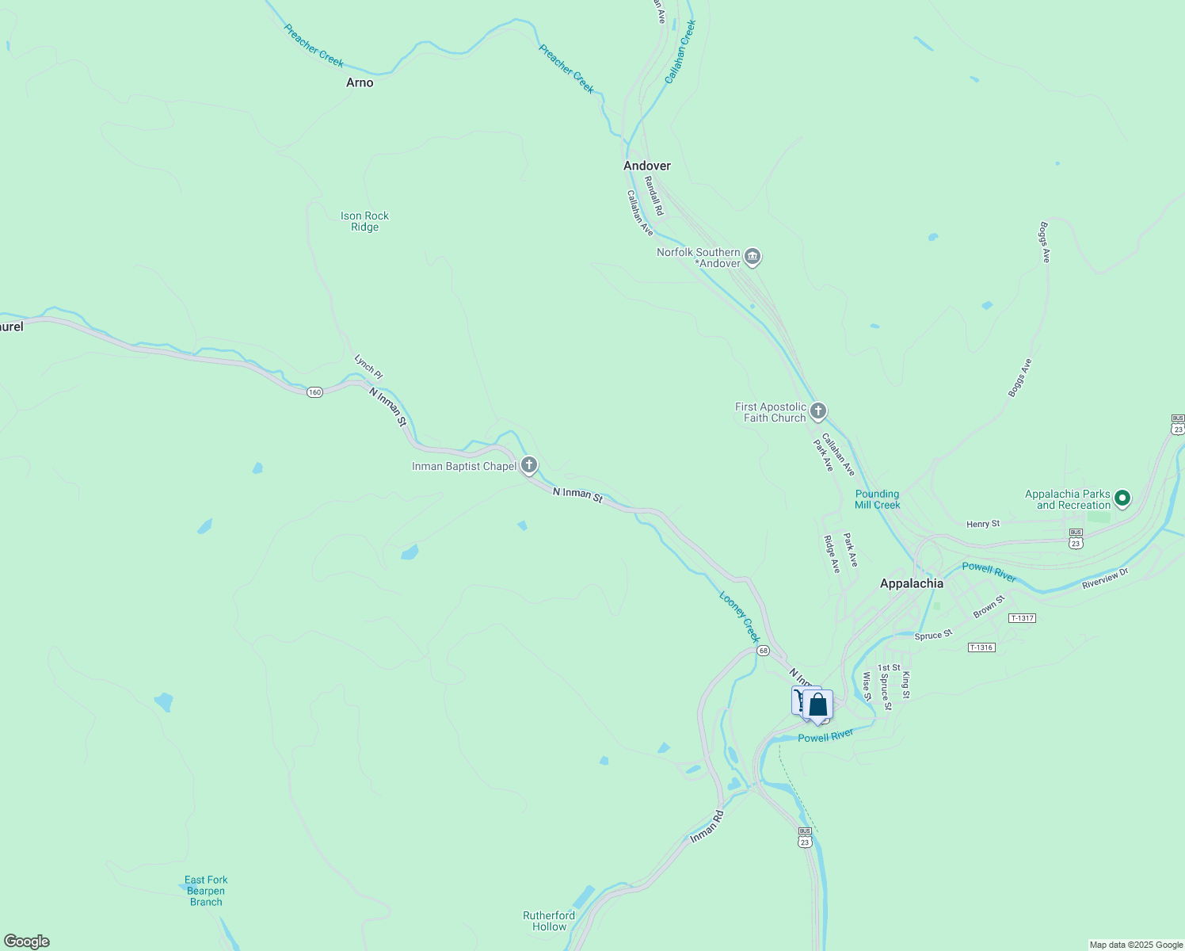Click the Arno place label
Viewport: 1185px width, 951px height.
[360, 82]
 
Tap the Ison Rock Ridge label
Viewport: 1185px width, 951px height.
[364, 221]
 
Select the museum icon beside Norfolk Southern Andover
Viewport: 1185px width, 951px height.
[753, 257]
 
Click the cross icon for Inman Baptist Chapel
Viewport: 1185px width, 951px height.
[529, 465]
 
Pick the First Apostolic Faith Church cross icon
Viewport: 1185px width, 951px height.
[818, 411]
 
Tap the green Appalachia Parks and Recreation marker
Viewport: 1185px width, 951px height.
[1122, 498]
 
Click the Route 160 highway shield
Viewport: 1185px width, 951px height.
[315, 392]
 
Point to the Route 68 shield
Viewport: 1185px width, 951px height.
[762, 650]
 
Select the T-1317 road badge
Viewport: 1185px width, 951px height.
[1022, 618]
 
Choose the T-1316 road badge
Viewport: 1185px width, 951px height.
[981, 647]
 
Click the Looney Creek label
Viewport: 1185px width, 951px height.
[740, 617]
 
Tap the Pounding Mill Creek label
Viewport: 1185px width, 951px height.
[877, 499]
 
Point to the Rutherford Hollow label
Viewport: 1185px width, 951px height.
[549, 921]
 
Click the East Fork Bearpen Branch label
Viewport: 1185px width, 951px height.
[206, 891]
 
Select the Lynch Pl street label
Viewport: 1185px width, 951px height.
[368, 366]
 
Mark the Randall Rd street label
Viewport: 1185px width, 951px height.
[653, 195]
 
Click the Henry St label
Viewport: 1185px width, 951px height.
[983, 524]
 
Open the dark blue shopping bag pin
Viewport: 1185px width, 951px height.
[817, 705]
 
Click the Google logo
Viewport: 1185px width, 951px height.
[27, 941]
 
